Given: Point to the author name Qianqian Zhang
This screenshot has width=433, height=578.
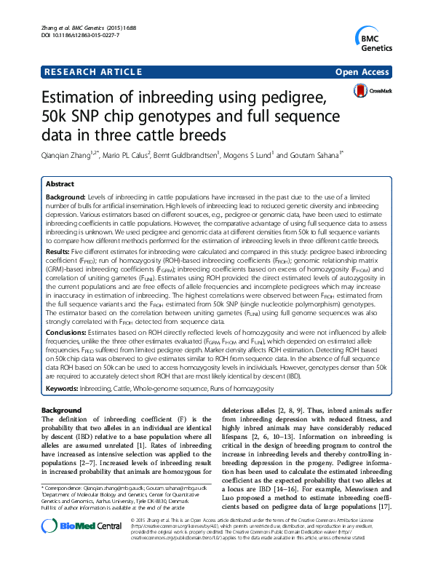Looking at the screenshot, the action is click(71, 154).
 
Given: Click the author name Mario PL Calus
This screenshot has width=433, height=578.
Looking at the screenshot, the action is click(128, 154).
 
